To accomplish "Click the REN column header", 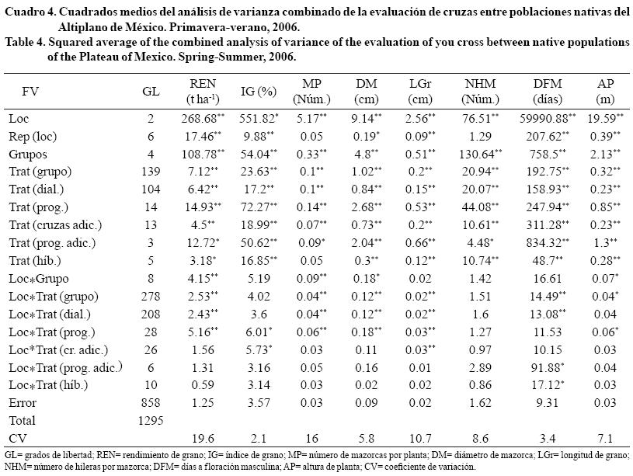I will coord(203,83).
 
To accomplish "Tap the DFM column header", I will coord(548,83).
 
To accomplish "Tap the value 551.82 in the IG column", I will coord(263,118).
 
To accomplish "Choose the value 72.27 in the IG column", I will coord(263,206).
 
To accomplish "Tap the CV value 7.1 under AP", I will coord(606,437).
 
